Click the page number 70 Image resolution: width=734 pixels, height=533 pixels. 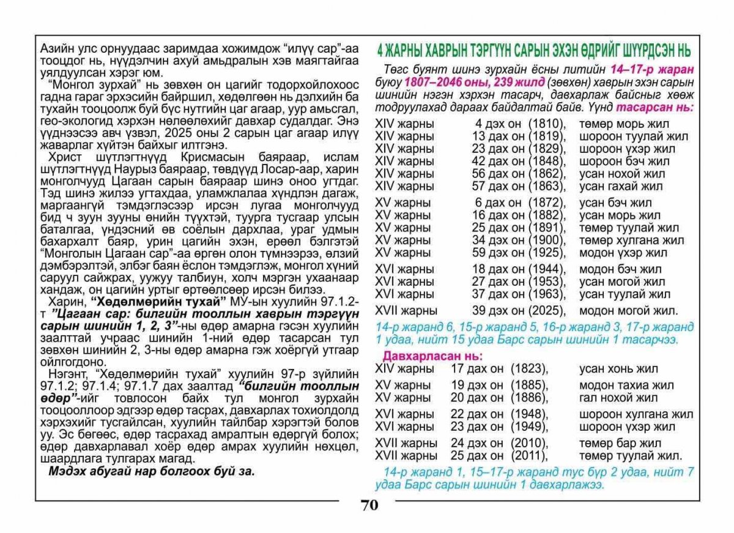[x=369, y=505]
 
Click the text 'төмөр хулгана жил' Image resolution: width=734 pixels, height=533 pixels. [x=631, y=240]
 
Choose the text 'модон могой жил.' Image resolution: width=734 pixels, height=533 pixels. [x=628, y=310]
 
